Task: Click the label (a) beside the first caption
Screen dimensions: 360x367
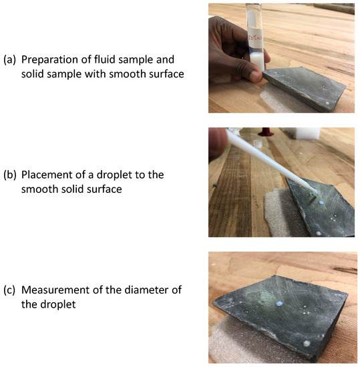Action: tap(9, 60)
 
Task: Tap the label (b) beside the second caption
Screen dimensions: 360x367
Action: tap(10, 175)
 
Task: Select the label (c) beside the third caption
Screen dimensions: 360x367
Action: tap(9, 290)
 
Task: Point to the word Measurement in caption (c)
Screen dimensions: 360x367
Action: tap(55, 290)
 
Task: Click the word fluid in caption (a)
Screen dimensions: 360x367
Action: tap(104, 59)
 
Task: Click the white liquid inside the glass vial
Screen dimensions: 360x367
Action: tap(257, 60)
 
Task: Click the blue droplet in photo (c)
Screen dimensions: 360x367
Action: tap(279, 304)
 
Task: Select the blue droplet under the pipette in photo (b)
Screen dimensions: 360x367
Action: tap(321, 203)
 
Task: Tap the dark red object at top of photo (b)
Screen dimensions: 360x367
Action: tap(266, 131)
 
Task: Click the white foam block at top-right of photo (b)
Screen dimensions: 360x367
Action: tap(301, 133)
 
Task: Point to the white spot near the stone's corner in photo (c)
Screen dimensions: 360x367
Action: tap(307, 344)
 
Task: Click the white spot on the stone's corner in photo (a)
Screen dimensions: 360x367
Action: tap(328, 103)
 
